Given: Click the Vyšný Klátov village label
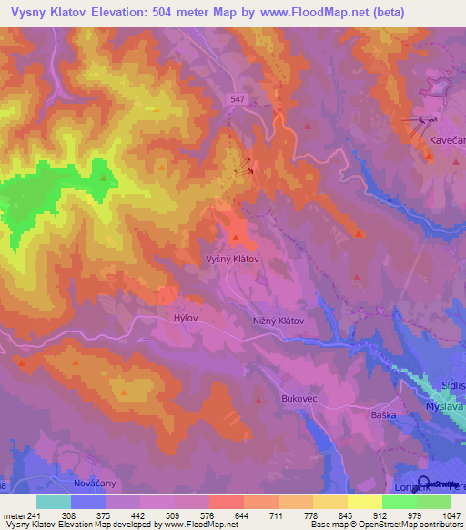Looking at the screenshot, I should [232, 259].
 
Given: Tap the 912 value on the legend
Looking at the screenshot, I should [381, 515].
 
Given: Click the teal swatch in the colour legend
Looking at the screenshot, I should [53, 502].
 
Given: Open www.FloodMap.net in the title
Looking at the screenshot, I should [315, 13].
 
